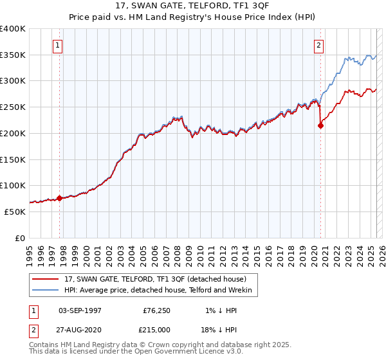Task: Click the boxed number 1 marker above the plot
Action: coord(58,45)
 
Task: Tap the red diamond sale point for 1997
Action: coord(59,198)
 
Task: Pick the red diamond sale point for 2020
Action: coord(320,126)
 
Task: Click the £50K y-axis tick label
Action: coord(14,212)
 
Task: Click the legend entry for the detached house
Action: coord(155,279)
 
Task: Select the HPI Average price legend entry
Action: coord(161,291)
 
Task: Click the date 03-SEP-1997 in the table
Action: coord(80,310)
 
